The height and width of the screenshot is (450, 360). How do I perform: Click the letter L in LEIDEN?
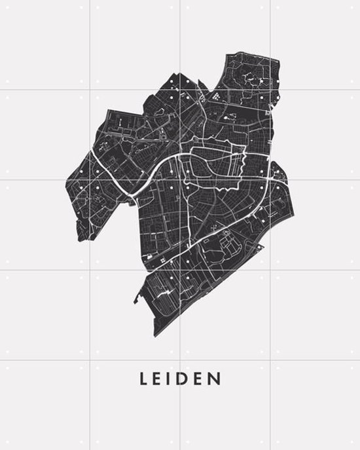coord(143,379)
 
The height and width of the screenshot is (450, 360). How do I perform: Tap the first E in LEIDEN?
coord(159,379)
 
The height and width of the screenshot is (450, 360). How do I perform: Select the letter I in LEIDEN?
coord(171,379)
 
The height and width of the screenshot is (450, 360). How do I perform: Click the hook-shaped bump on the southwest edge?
coord(137,298)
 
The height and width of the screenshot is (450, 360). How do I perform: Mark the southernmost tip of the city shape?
coord(156,336)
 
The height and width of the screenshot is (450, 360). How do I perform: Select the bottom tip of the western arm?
coord(81,240)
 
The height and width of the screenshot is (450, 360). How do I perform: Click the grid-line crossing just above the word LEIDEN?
coord(180,360)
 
